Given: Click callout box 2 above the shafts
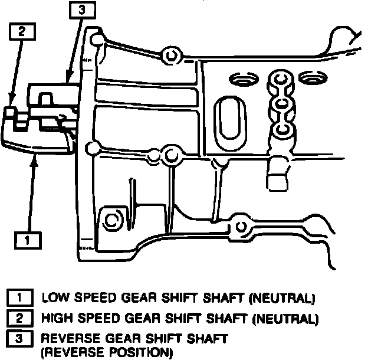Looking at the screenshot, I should pos(20,32).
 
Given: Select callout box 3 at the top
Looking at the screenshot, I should pos(81,10).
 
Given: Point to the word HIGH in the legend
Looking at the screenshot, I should pos(57,319).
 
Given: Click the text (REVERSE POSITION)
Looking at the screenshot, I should pos(106,352).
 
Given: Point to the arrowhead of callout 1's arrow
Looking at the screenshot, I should pos(36,153).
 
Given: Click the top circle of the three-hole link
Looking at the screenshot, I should pos(279,78).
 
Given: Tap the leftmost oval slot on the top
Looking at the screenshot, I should pos(244,78).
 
